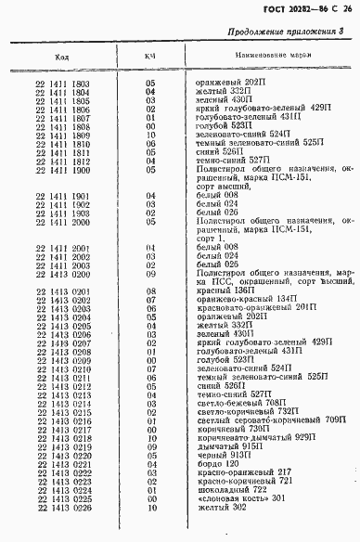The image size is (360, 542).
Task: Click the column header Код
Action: (62, 58)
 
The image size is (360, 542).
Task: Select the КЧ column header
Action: (148, 58)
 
